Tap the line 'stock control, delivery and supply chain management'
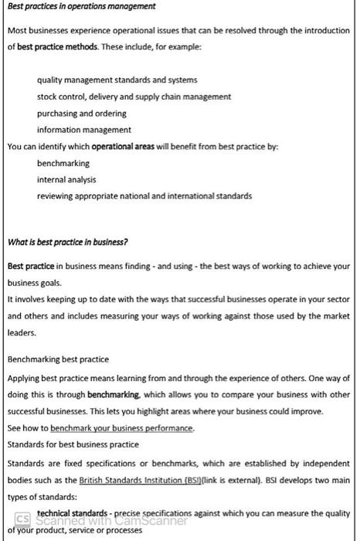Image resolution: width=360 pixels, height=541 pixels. pyautogui.click(x=134, y=97)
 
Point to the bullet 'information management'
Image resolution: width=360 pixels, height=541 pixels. pyautogui.click(x=83, y=130)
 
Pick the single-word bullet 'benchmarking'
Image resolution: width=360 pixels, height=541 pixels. pyautogui.click(x=63, y=163)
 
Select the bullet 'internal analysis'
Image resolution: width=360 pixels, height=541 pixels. pyautogui.click(x=66, y=179)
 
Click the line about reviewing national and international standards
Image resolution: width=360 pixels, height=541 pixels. pyautogui.click(x=144, y=196)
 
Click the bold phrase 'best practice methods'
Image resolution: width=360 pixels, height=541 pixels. pyautogui.click(x=59, y=46)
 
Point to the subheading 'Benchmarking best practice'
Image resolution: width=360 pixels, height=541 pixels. pyautogui.click(x=58, y=359)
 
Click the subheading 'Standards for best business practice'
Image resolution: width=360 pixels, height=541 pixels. pyautogui.click(x=73, y=444)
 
